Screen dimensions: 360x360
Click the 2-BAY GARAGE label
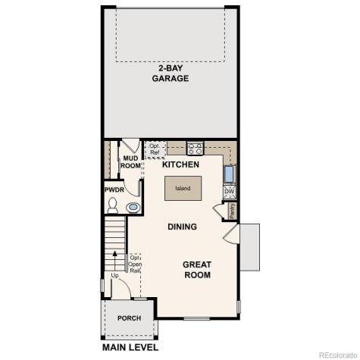[x=170, y=73]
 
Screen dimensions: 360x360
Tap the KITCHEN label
[x=180, y=164]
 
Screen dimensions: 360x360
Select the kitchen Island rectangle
[x=183, y=189]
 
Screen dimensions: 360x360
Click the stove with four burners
[x=195, y=149]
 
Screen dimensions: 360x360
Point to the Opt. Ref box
[x=154, y=149]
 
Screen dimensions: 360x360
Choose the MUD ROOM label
[x=131, y=162]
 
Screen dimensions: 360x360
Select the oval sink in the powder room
[x=133, y=206]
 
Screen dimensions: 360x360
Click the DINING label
[x=182, y=227]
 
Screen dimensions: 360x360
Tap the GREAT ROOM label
[x=197, y=270]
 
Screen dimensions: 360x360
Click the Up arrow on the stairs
[x=115, y=275]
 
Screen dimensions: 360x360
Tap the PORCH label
[x=129, y=318]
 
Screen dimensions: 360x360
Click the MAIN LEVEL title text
[x=130, y=348]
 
